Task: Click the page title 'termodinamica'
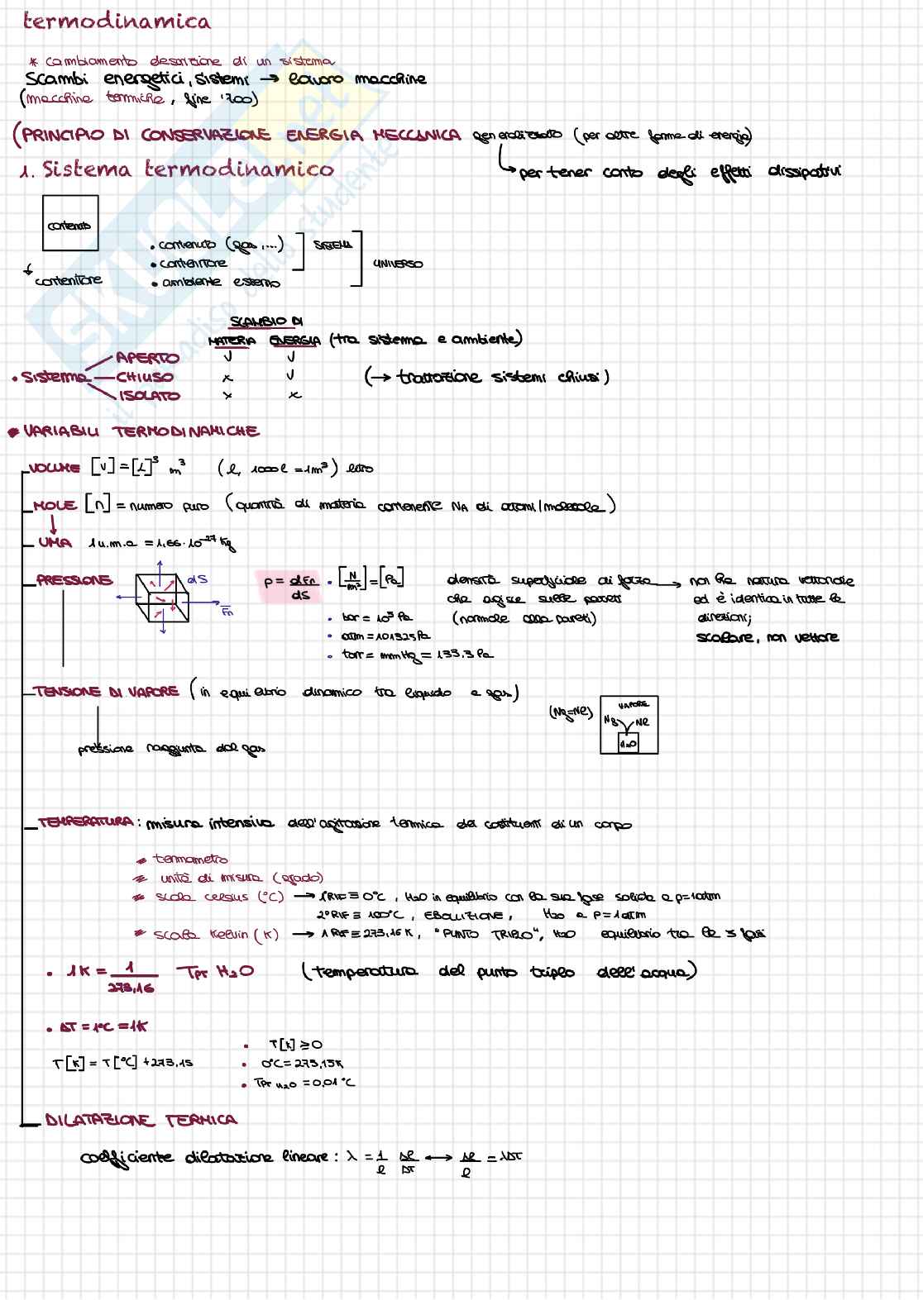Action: pyautogui.click(x=117, y=21)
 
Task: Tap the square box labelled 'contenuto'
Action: pyautogui.click(x=70, y=223)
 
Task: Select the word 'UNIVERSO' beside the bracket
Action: pyautogui.click(x=398, y=264)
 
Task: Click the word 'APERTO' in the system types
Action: pyautogui.click(x=147, y=358)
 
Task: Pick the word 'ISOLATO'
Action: pyautogui.click(x=150, y=396)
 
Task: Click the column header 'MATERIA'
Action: pyautogui.click(x=232, y=340)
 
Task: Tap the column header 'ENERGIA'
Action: pyautogui.click(x=294, y=340)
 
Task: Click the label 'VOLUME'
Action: pyautogui.click(x=55, y=468)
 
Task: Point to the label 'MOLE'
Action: pyautogui.click(x=55, y=505)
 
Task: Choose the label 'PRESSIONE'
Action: pyautogui.click(x=74, y=580)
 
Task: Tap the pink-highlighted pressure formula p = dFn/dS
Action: pyautogui.click(x=289, y=588)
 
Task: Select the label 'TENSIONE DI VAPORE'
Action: pyautogui.click(x=107, y=692)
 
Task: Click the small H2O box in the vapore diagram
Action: pyautogui.click(x=628, y=743)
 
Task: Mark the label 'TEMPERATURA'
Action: pyautogui.click(x=85, y=822)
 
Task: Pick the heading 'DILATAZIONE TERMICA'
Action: pyautogui.click(x=141, y=1121)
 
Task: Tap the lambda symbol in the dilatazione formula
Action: pyautogui.click(x=351, y=1156)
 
